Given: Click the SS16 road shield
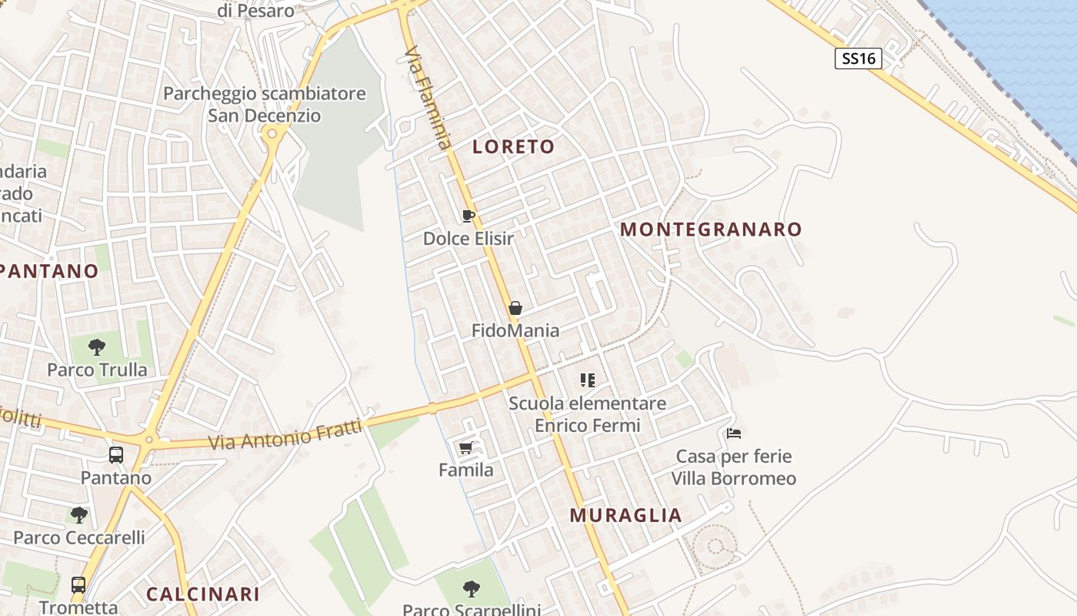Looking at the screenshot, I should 858,59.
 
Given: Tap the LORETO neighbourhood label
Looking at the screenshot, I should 513,147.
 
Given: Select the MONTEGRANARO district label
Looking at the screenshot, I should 711,229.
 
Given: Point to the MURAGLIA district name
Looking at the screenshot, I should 625,516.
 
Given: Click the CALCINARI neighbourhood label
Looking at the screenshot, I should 202,594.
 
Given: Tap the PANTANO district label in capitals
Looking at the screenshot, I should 49,272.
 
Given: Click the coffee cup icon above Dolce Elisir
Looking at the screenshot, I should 468,216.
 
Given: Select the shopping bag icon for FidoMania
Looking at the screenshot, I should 515,308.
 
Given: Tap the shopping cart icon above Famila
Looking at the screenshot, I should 465,447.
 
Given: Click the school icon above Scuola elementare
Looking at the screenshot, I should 588,380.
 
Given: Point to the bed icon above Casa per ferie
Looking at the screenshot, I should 733,434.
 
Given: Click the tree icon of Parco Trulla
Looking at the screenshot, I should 96,347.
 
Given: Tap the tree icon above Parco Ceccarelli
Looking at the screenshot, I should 78,515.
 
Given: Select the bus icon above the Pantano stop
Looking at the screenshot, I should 115,455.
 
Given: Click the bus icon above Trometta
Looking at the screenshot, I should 78,585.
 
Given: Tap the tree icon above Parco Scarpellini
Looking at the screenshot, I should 471,589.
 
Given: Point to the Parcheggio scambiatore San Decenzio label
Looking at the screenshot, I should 264,105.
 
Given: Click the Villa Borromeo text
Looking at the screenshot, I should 733,479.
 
